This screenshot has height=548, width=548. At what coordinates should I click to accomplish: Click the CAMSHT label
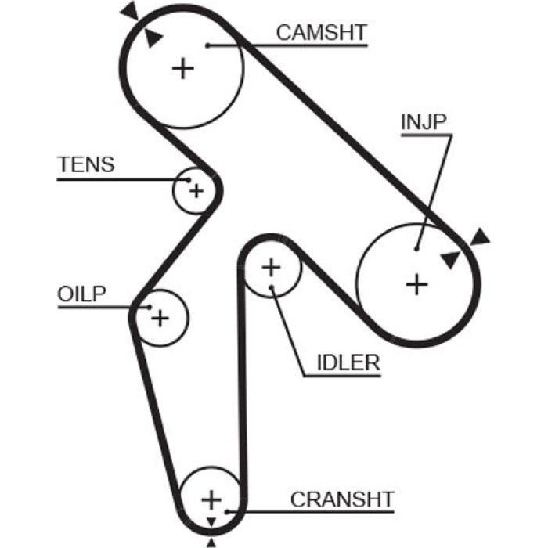[321, 33]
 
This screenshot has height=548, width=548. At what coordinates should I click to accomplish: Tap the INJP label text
[424, 121]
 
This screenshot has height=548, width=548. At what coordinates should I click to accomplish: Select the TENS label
[86, 164]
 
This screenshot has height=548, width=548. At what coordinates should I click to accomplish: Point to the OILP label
[81, 294]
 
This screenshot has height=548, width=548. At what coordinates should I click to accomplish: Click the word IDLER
[348, 362]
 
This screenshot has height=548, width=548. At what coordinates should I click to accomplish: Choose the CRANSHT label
[342, 499]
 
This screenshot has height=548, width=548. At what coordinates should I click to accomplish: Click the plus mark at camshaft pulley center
[182, 68]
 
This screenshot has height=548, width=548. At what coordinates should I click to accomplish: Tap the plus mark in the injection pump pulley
[416, 284]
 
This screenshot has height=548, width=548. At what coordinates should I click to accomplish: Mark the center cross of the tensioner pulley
[196, 191]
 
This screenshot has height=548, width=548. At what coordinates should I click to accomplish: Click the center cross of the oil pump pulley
[160, 318]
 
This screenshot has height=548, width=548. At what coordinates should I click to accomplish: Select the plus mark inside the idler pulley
[271, 268]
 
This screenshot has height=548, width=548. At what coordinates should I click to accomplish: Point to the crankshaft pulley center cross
[211, 499]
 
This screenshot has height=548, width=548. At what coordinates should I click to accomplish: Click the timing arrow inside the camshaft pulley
[153, 37]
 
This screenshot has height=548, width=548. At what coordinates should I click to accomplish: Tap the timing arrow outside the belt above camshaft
[130, 10]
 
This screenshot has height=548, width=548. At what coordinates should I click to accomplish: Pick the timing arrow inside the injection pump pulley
[450, 259]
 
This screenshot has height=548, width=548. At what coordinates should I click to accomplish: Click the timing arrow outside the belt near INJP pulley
[479, 237]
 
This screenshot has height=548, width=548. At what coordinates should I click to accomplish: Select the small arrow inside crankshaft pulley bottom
[211, 522]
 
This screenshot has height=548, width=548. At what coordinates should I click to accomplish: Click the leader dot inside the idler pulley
[272, 287]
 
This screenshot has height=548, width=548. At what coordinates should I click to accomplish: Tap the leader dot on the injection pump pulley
[416, 249]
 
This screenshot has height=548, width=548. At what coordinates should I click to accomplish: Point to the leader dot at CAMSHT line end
[207, 45]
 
